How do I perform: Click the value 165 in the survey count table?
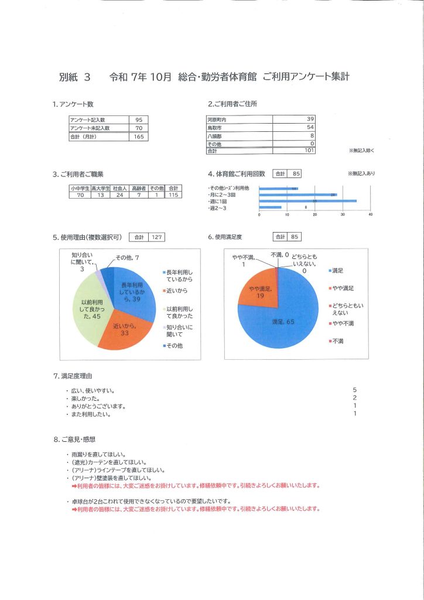pyautogui.click(x=139, y=137)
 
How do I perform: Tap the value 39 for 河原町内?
pyautogui.click(x=310, y=119)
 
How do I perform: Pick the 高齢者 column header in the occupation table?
pyautogui.click(x=138, y=188)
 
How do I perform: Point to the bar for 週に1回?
pyautogui.click(x=307, y=200)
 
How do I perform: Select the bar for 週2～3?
pyautogui.click(x=270, y=207)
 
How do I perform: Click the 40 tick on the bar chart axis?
pyautogui.click(x=370, y=214)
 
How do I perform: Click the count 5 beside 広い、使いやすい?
pyautogui.click(x=355, y=390)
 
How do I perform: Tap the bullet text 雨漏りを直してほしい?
pyautogui.click(x=97, y=454)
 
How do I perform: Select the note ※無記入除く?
pyautogui.click(x=361, y=151)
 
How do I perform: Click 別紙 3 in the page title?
pyautogui.click(x=75, y=77)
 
